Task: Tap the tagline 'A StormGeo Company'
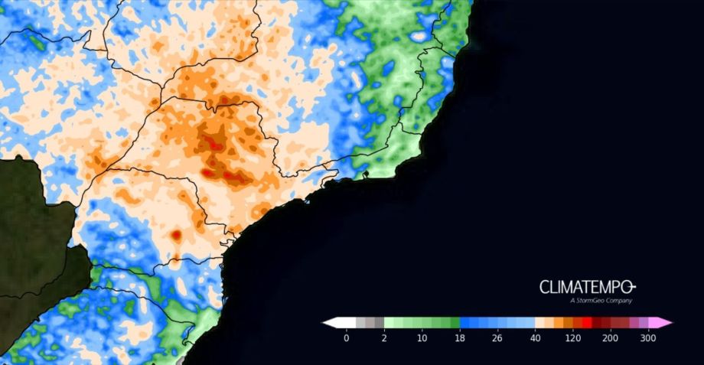601,301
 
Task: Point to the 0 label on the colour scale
347,337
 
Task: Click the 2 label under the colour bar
384,337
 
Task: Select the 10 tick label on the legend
422,337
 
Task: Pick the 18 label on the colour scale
459,337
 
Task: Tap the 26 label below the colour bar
497,337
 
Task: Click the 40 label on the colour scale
534,337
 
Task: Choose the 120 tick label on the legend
572,337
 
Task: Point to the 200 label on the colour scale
610,337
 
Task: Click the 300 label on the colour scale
647,337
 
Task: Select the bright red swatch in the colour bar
586,323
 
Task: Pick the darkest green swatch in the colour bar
455,323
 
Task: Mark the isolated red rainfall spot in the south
176,236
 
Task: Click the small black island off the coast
366,175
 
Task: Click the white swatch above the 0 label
347,323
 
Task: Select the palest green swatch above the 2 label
389,323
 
